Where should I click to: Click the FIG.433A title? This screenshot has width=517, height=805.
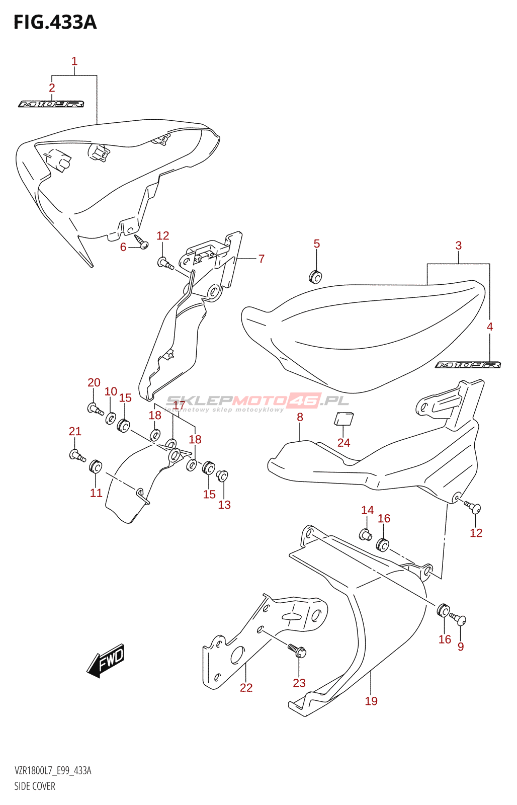(55, 23)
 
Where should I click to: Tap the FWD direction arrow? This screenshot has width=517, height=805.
(106, 660)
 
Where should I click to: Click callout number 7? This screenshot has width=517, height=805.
(262, 259)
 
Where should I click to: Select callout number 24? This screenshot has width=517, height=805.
(343, 443)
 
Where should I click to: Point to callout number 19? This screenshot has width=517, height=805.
(371, 701)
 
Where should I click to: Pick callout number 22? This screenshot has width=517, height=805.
(246, 688)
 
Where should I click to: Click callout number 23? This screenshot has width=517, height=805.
(299, 683)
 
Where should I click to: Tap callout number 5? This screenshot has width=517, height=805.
(317, 244)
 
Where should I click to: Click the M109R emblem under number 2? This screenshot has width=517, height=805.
(51, 104)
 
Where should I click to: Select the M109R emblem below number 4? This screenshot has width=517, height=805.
(468, 365)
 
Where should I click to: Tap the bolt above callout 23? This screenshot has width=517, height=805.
(297, 651)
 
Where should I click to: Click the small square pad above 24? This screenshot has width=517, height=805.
(344, 419)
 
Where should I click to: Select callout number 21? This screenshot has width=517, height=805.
(75, 431)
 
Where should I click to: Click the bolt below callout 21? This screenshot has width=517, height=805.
(77, 456)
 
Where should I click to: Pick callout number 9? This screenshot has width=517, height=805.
(461, 647)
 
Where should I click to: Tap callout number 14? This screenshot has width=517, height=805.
(368, 510)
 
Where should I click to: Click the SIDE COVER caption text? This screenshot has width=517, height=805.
(35, 786)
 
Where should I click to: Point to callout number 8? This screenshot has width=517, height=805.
(300, 417)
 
